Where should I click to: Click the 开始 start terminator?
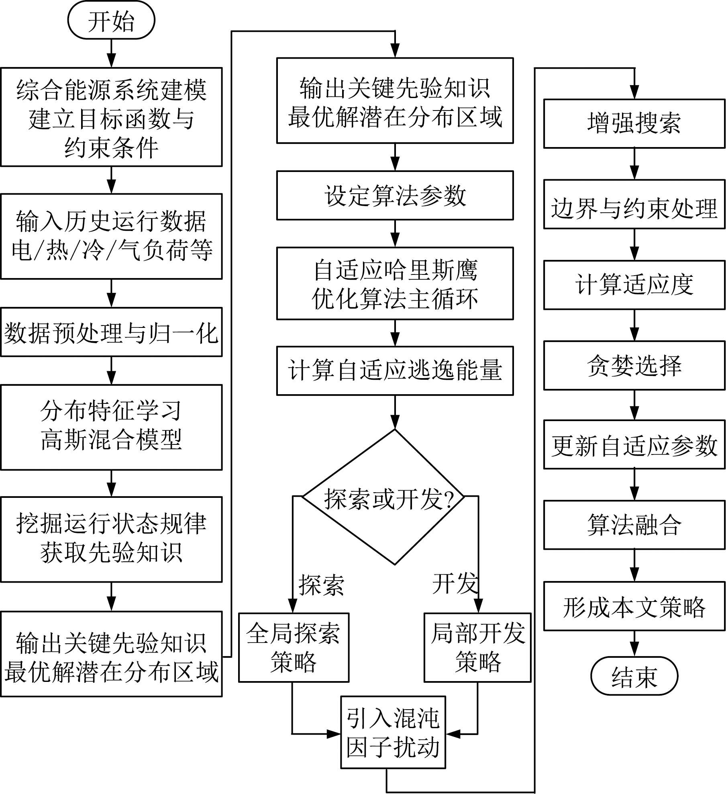[x=111, y=20]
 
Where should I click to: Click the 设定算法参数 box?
[x=395, y=195]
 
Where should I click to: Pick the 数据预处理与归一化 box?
[x=111, y=332]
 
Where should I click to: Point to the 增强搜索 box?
[x=634, y=123]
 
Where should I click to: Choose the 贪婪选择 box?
[x=634, y=365]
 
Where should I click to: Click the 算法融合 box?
[x=634, y=525]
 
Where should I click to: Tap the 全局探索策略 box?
[x=294, y=647]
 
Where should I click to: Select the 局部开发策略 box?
[x=477, y=647]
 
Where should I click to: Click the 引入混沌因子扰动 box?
[x=393, y=733]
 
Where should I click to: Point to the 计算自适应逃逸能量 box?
[x=395, y=370]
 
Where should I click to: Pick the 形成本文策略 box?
[x=634, y=606]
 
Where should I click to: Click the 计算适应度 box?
[x=634, y=284]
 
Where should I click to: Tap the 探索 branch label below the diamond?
[x=321, y=585]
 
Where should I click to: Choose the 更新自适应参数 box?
[x=634, y=444]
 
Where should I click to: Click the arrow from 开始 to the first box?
[x=111, y=53]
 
